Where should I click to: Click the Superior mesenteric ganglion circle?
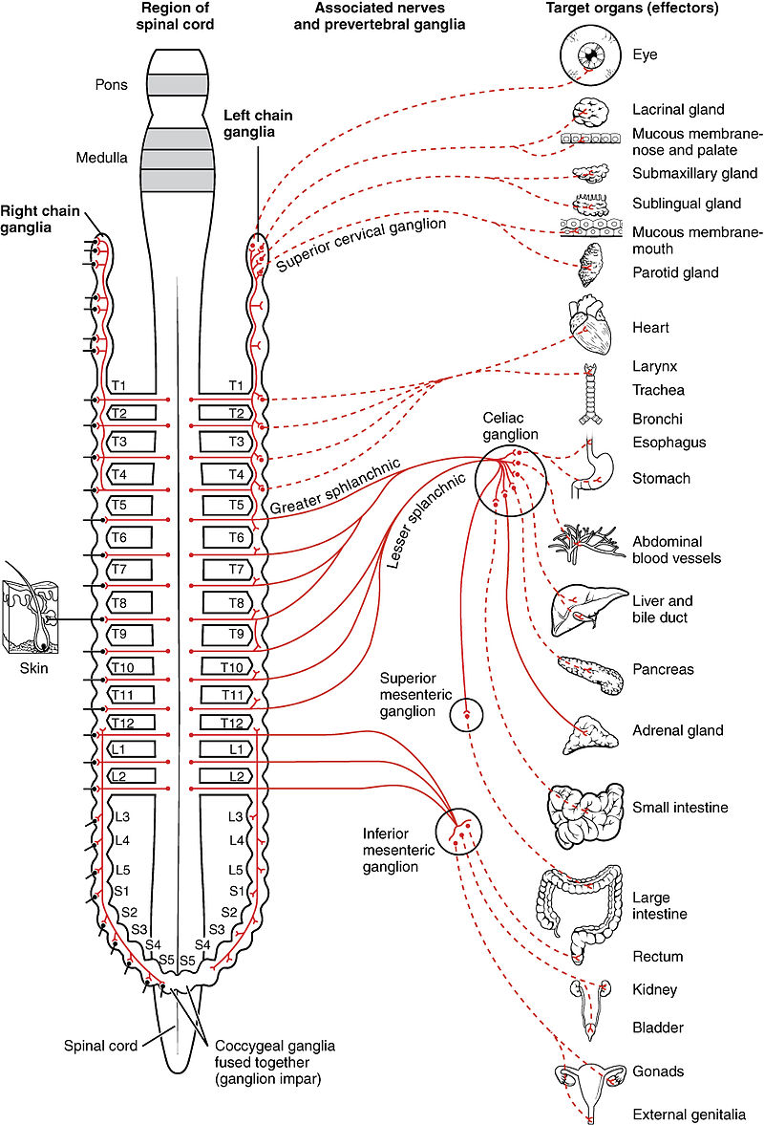click(x=467, y=714)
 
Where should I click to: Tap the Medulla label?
click(x=101, y=158)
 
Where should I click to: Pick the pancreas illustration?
click(x=592, y=672)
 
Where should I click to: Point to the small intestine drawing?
click(x=584, y=809)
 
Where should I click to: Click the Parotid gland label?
click(x=674, y=273)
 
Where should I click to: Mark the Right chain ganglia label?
click(x=39, y=216)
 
